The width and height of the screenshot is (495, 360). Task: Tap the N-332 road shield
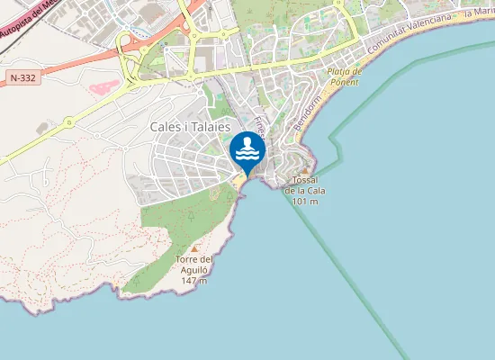[x=24, y=79]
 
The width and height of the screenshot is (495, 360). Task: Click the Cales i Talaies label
[x=191, y=128]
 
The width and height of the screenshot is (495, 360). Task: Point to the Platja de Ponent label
[x=344, y=76]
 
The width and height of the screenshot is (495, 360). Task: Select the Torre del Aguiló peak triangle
[x=193, y=248]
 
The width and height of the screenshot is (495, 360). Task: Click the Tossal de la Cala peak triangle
[x=306, y=169]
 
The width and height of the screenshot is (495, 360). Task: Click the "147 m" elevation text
[x=193, y=281]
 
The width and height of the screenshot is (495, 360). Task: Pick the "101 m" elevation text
[x=306, y=200]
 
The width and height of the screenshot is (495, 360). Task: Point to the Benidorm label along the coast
[x=305, y=118]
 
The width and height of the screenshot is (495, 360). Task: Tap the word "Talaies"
[x=211, y=128]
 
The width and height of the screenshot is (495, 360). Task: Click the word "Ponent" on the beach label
[x=345, y=82]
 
